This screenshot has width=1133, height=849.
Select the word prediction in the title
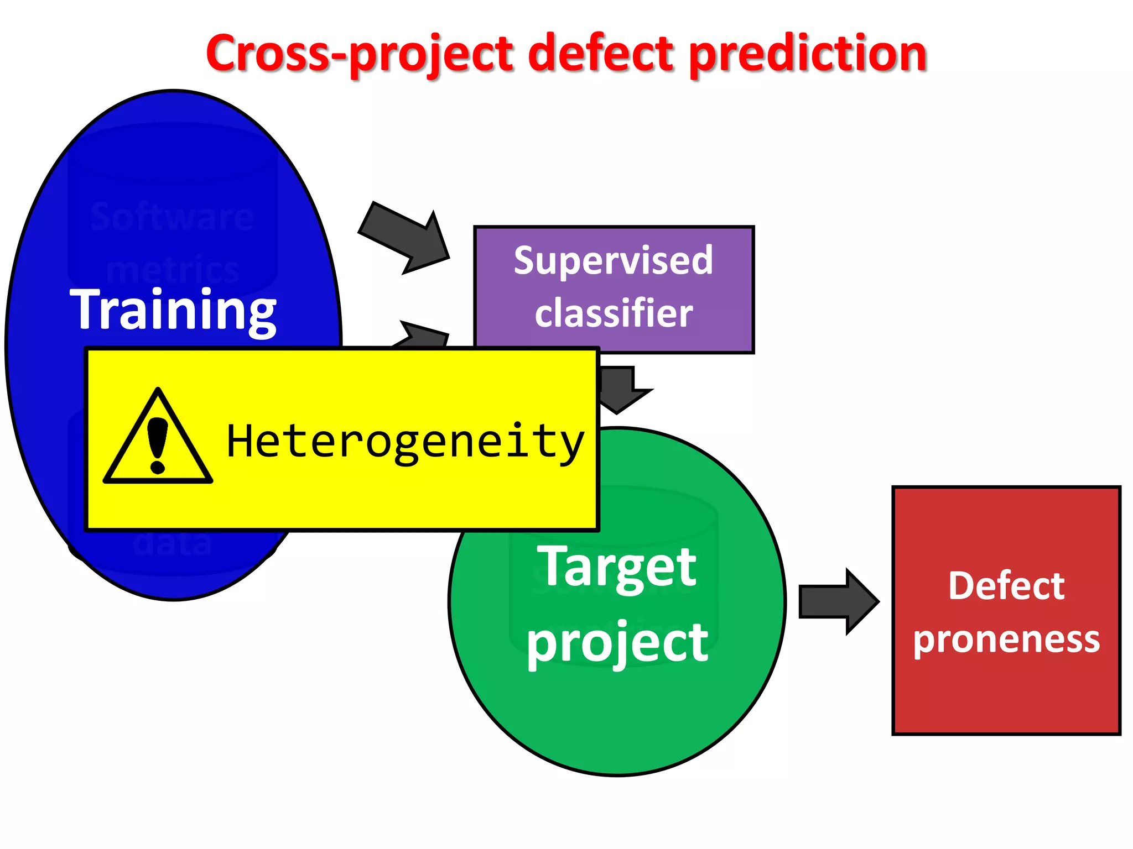(x=808, y=54)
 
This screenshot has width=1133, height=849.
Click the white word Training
(x=173, y=310)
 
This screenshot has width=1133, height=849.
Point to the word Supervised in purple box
(x=614, y=260)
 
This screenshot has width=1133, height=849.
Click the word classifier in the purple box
(x=614, y=313)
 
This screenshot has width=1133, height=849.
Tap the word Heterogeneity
(x=406, y=442)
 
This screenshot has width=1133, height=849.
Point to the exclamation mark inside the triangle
(x=158, y=445)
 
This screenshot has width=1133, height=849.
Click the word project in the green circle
(x=617, y=642)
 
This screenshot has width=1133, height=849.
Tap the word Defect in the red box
(x=1006, y=586)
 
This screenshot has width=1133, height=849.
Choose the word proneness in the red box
(x=1006, y=640)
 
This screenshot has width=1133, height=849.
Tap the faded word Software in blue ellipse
(x=173, y=217)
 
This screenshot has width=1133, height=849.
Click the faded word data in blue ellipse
(x=173, y=544)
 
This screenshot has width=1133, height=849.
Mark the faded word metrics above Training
(x=173, y=269)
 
